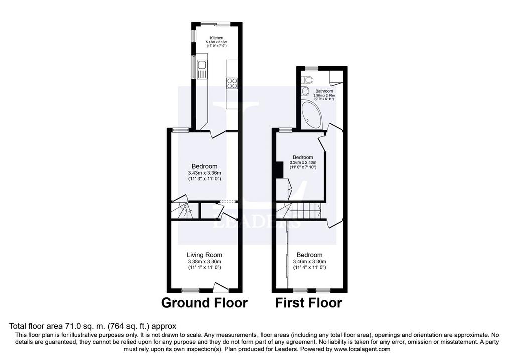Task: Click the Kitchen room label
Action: (x=217, y=38)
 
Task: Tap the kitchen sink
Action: (x=202, y=69)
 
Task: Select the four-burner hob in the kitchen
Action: (x=232, y=83)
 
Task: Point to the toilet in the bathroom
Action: (x=307, y=79)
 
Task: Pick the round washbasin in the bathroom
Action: (x=305, y=91)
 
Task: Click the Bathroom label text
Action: (x=324, y=91)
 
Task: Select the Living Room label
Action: (x=205, y=255)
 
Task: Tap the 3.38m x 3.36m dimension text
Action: (x=205, y=261)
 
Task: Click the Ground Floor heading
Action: (x=205, y=303)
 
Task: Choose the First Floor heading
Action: (x=309, y=303)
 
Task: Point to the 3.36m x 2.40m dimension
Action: (x=303, y=162)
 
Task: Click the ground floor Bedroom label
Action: (x=205, y=166)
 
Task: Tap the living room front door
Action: (x=221, y=287)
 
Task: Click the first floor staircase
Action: (x=298, y=211)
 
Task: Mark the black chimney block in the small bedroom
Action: (x=279, y=170)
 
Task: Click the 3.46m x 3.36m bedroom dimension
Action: (x=309, y=261)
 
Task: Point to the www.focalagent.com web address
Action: (x=362, y=349)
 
